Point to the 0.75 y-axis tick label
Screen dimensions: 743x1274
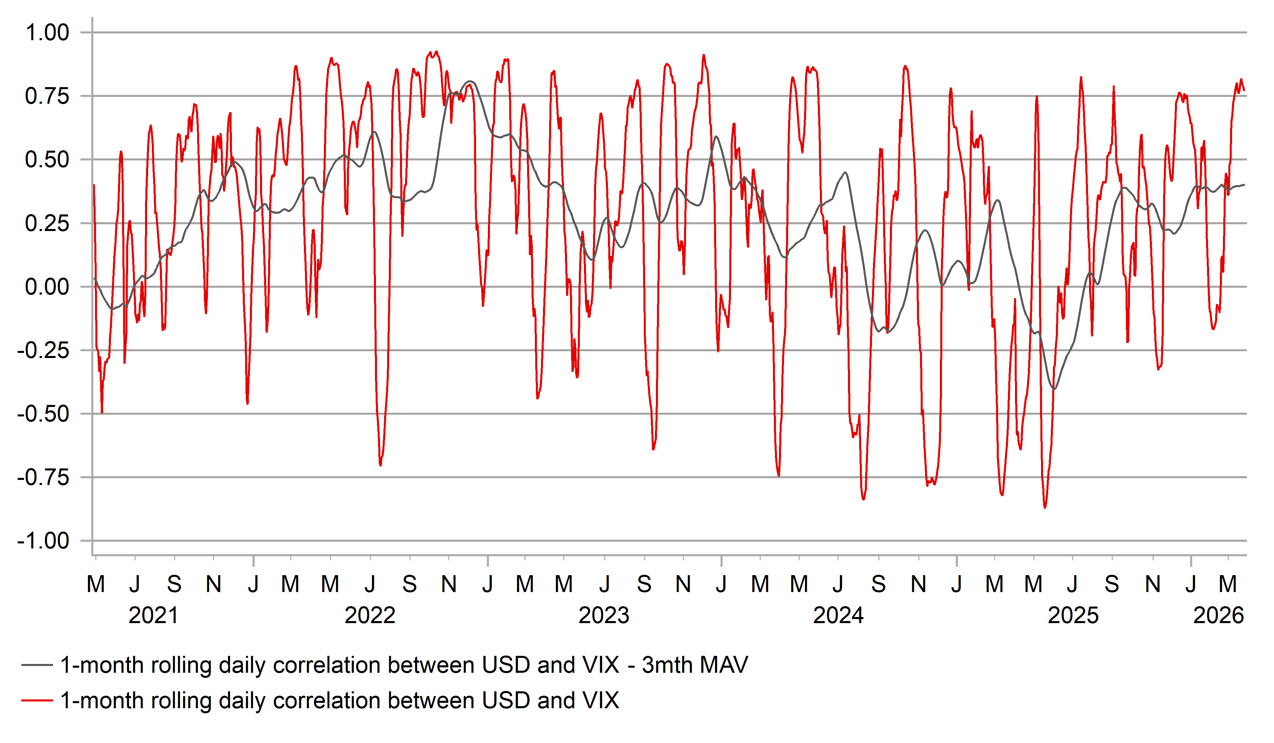coord(47,97)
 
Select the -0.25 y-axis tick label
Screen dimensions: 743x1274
coord(44,351)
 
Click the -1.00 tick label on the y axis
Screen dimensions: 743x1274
coord(44,541)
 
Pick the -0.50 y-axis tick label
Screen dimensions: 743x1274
coord(44,414)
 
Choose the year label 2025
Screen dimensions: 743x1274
coord(1073,616)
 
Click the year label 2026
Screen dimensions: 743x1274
coord(1219,616)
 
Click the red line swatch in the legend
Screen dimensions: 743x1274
coord(37,700)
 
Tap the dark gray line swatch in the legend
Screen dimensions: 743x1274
coord(37,665)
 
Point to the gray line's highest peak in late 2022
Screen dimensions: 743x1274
coord(470,81)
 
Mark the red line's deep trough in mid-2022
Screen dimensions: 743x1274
coord(380,465)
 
